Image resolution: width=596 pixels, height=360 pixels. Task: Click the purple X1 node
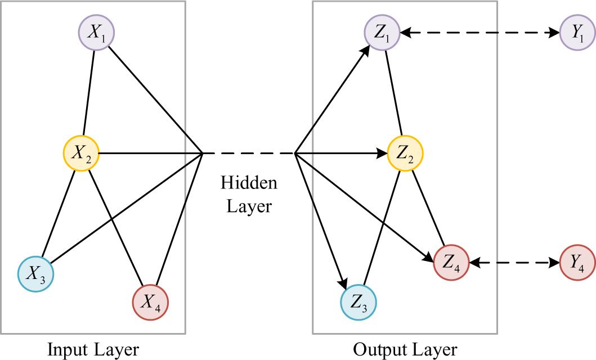click(x=96, y=33)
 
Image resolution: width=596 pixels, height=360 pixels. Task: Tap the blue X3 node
click(x=35, y=273)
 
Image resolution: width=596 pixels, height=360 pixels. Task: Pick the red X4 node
click(x=150, y=303)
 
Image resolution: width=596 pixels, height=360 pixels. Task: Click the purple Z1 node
click(x=382, y=33)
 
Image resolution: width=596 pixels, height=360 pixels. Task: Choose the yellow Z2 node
click(x=405, y=152)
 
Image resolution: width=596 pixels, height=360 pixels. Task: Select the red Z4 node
click(x=451, y=262)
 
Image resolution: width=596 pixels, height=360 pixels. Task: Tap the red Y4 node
click(x=577, y=262)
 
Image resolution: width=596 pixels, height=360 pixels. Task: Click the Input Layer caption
click(x=93, y=349)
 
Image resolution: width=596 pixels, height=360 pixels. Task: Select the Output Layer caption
click(x=405, y=349)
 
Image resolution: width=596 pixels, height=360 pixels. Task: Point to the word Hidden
click(x=249, y=183)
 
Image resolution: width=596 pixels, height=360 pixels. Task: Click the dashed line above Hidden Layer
click(x=249, y=152)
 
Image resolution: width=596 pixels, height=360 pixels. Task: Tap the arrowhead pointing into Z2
click(x=383, y=152)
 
